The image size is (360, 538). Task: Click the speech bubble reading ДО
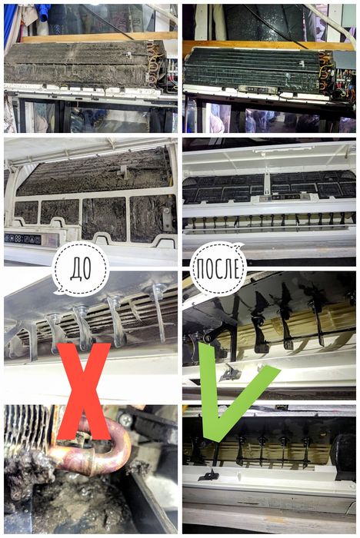pos(81,268)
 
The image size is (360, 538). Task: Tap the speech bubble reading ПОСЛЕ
pos(218,268)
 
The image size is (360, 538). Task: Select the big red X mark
pos(84,391)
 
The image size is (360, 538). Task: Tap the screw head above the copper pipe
pos(125,419)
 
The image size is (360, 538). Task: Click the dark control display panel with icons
pos(22,239)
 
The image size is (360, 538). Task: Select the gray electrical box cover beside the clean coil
pos(344,61)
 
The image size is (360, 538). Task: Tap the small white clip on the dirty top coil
pos(128,55)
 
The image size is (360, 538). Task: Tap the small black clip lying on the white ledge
pos(208,476)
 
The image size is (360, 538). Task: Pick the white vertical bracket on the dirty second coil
pos(122,172)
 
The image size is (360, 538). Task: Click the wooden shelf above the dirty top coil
pos(100,37)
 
